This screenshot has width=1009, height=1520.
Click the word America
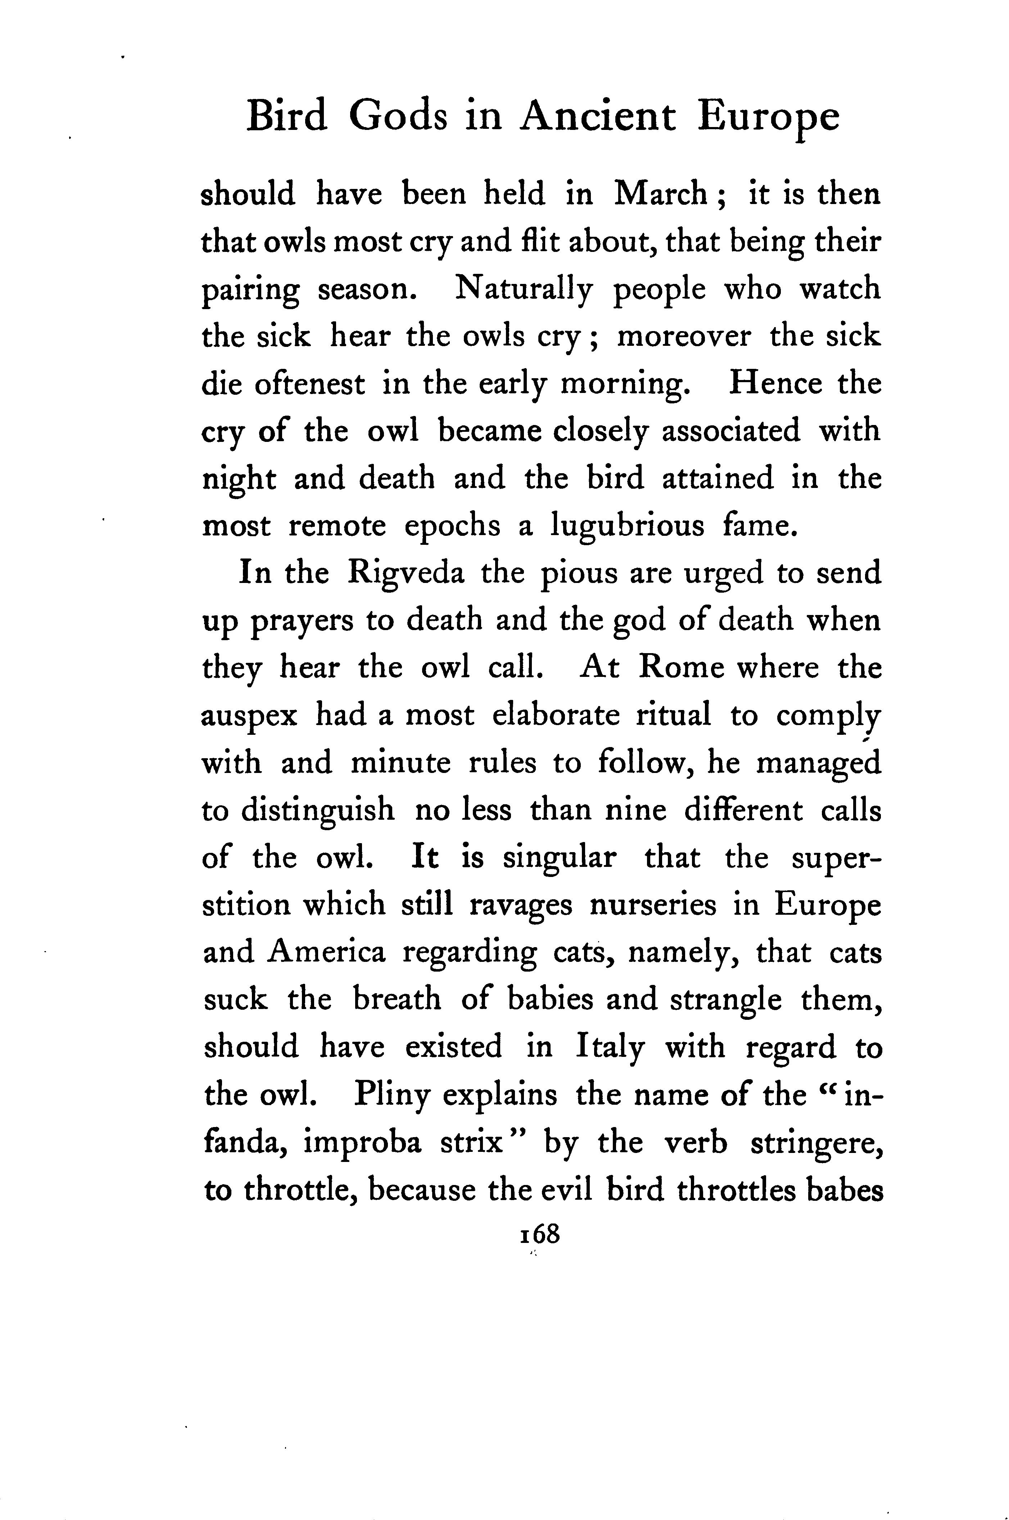[x=326, y=953]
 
